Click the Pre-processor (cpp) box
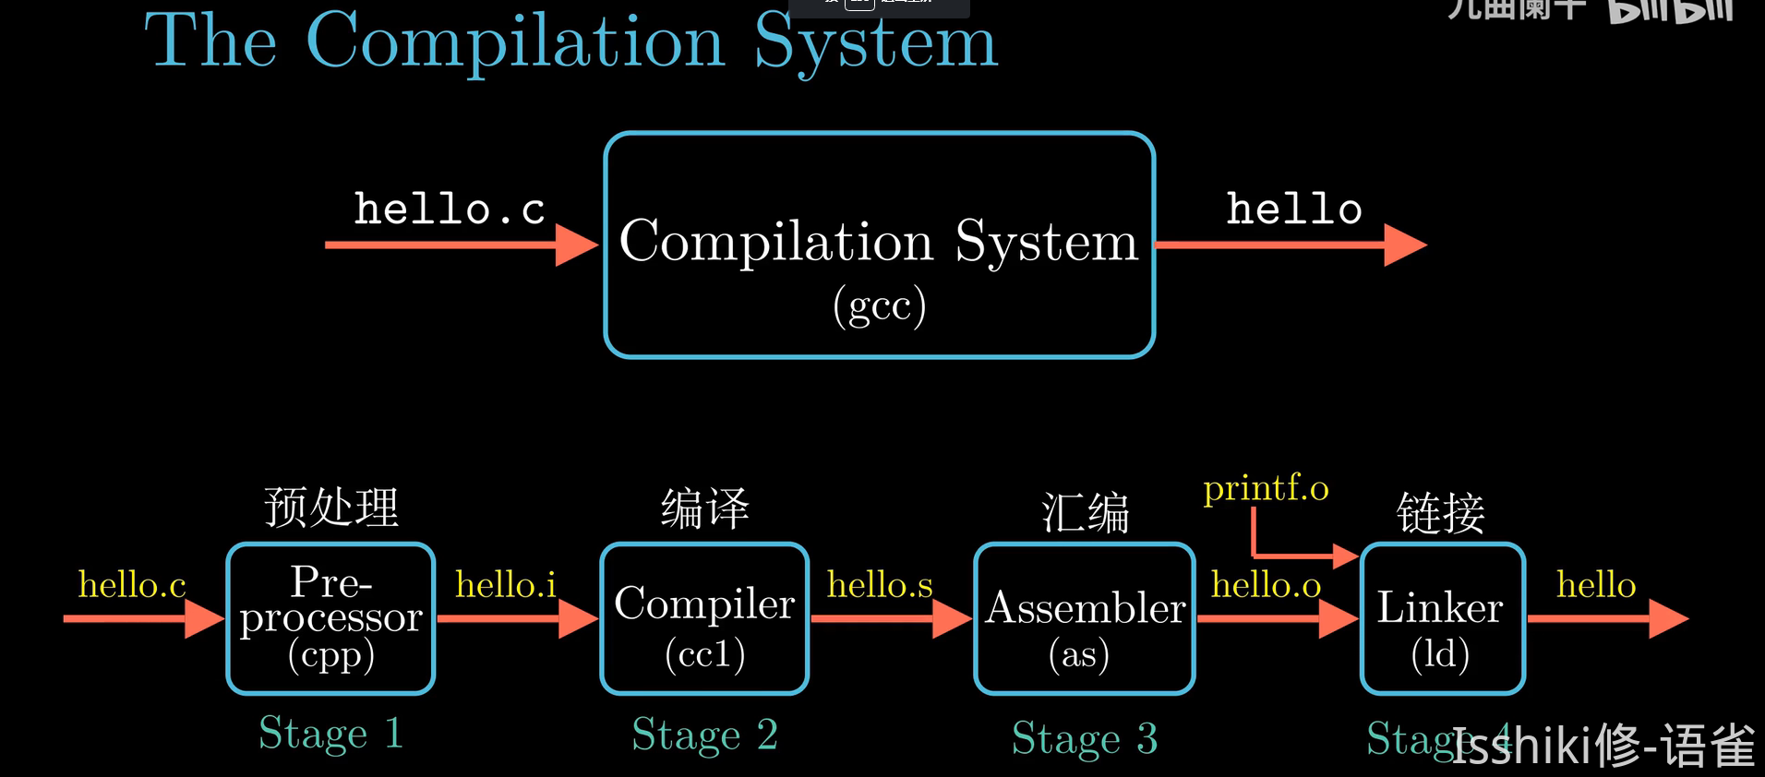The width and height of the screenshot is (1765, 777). [x=330, y=618]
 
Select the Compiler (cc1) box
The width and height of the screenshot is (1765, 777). [x=704, y=618]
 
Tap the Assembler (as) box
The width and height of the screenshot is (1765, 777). [x=1085, y=618]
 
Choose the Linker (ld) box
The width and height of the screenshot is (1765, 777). [x=1442, y=618]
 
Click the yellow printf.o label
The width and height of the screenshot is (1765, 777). [x=1266, y=488]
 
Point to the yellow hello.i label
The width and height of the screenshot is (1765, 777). [x=506, y=585]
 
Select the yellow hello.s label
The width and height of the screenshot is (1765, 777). [x=880, y=585]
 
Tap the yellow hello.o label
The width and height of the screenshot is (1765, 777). [x=1266, y=585]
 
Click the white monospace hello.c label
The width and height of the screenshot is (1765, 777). [x=450, y=209]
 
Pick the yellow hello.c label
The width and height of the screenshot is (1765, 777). [x=132, y=585]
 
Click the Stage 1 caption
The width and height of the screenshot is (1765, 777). [x=330, y=734]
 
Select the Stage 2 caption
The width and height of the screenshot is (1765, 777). [x=704, y=735]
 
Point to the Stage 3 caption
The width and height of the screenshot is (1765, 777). [x=1085, y=738]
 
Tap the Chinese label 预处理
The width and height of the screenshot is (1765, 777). [x=331, y=508]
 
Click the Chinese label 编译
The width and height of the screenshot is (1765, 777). [x=704, y=508]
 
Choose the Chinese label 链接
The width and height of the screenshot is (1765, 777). [x=1440, y=513]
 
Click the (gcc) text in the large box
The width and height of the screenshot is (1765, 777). [x=879, y=305]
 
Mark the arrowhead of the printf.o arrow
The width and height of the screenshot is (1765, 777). [x=1345, y=556]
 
